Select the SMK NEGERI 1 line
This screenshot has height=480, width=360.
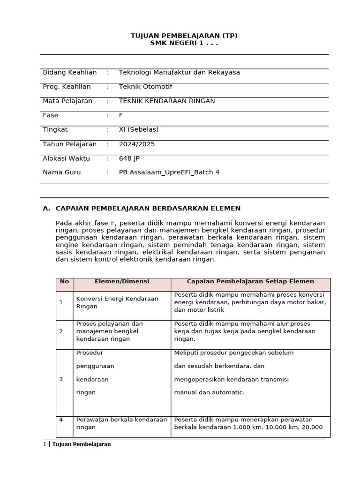point(184,43)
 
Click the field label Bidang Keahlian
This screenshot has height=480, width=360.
point(69,72)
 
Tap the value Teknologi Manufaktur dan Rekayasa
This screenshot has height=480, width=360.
point(179,72)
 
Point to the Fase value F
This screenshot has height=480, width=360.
point(121,115)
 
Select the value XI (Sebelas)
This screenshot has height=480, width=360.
point(139,129)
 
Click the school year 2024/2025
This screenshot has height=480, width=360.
point(137,144)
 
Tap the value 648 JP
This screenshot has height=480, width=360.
point(129,158)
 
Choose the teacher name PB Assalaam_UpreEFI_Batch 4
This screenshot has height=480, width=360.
point(169,172)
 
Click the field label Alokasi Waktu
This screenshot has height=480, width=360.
point(66,158)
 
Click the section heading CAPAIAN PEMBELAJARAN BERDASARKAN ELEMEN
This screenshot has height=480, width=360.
point(148,208)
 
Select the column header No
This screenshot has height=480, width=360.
point(64,282)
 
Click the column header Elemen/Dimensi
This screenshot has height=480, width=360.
point(122,282)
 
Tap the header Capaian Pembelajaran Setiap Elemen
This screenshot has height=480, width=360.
point(250,282)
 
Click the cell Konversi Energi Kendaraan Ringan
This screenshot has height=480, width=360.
point(117,302)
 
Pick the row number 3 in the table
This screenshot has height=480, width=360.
point(61,379)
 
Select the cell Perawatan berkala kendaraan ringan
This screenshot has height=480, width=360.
point(121,423)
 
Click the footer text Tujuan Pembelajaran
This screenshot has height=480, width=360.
point(82,444)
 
